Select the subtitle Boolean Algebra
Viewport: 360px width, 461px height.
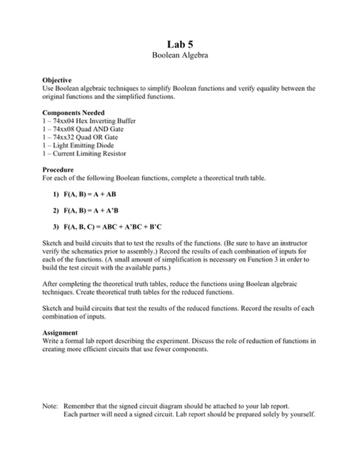tap(180, 55)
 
